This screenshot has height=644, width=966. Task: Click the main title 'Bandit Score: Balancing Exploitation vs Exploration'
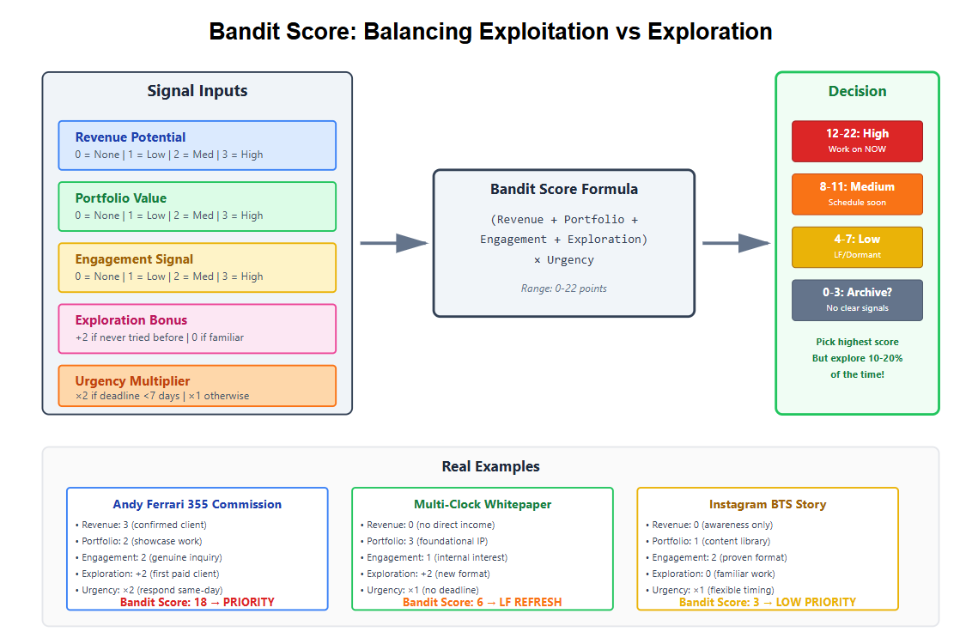[490, 32]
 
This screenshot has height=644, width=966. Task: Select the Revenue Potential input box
[197, 145]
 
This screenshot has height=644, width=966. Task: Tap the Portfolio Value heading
[121, 198]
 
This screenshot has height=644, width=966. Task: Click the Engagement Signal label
[134, 259]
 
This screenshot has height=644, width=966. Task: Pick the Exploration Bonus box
[197, 328]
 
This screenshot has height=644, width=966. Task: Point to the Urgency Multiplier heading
[132, 381]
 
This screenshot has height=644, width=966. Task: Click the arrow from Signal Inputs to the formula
[393, 243]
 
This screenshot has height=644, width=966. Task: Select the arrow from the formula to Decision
[736, 243]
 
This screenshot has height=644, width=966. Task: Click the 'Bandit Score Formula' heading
[564, 189]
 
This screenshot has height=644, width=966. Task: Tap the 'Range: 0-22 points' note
[564, 289]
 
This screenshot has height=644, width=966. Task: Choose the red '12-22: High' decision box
[857, 141]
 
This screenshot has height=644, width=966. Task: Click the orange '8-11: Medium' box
[857, 194]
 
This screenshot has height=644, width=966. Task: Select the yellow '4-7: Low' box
[857, 247]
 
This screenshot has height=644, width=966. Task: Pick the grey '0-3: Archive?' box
[857, 300]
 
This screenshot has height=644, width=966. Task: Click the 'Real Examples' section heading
[490, 467]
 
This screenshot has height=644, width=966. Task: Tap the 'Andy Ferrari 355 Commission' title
[197, 505]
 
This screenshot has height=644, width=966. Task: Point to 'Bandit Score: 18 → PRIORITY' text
[197, 603]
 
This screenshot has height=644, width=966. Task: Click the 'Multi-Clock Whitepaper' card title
[483, 505]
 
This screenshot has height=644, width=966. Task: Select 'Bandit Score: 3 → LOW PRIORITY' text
[768, 603]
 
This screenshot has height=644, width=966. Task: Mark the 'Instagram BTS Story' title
[768, 505]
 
